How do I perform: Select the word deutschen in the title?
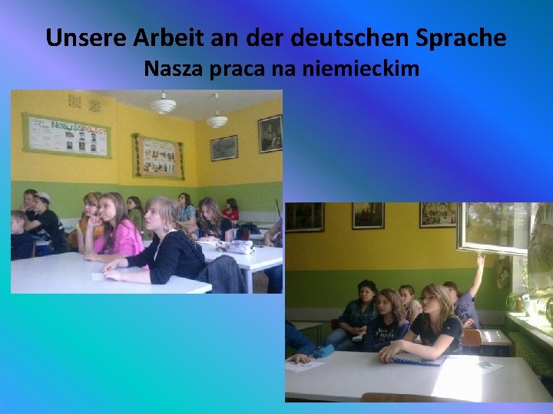(349, 38)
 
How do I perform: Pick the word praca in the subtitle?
(236, 70)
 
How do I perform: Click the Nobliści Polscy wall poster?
(66, 135)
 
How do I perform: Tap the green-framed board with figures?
(157, 156)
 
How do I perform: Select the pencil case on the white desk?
(236, 246)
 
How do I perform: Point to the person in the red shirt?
(230, 210)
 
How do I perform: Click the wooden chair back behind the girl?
(472, 338)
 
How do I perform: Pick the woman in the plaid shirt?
(356, 314)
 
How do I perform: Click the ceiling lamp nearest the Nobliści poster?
(163, 104)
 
